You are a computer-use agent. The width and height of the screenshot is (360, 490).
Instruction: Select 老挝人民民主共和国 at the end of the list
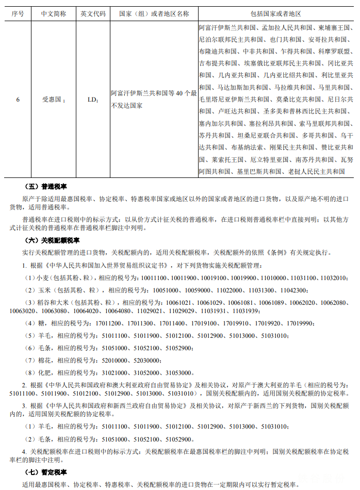(x=317, y=171)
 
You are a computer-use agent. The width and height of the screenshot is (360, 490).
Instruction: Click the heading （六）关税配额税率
(x=53, y=240)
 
